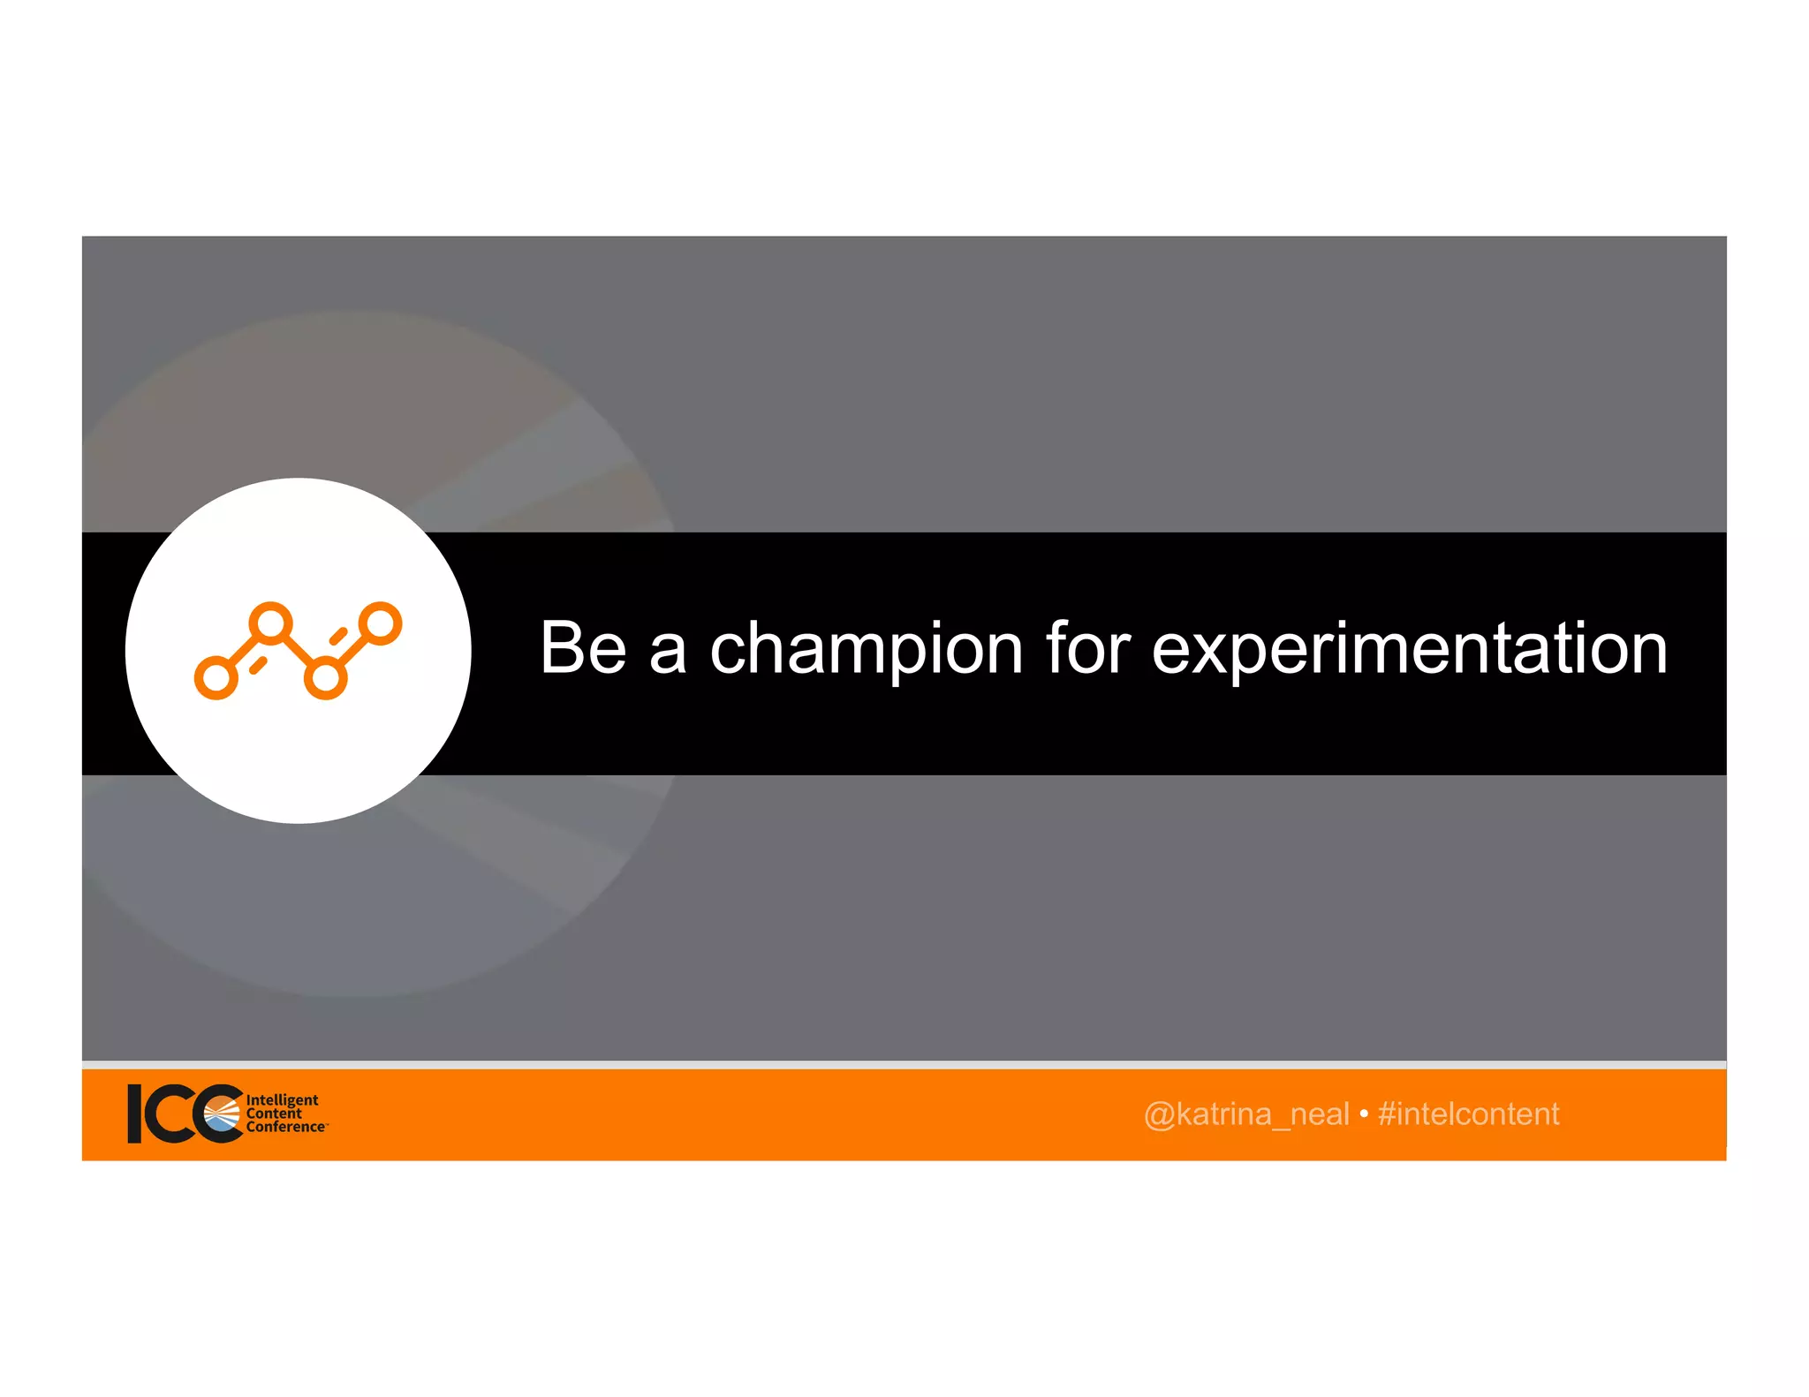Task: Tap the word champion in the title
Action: point(866,650)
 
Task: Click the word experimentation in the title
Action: point(1409,650)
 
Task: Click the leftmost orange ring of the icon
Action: point(216,678)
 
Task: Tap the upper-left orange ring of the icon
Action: point(270,623)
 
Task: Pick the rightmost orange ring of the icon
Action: point(381,623)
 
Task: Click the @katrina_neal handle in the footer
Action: point(1245,1114)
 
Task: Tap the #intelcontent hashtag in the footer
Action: point(1468,1114)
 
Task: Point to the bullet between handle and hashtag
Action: point(1364,1114)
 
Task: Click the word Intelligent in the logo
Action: point(282,1099)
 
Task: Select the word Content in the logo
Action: point(274,1113)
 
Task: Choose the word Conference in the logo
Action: point(285,1127)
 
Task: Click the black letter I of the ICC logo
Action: point(135,1114)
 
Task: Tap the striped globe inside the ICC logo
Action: point(222,1115)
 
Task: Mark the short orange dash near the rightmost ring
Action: point(338,635)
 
